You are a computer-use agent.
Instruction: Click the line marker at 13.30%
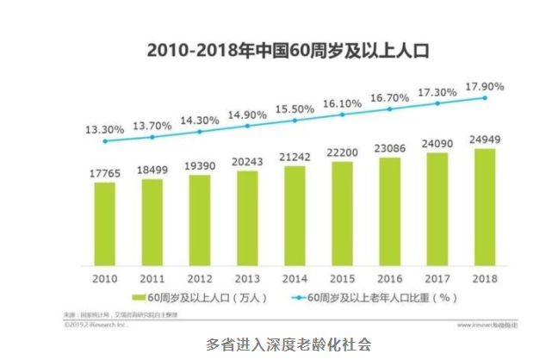tap(105, 142)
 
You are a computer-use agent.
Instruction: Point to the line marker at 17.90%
tap(485, 98)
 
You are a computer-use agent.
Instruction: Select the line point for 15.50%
tap(295, 121)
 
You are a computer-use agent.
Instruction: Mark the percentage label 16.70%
tap(389, 97)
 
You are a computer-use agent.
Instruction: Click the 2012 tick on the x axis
tap(200, 278)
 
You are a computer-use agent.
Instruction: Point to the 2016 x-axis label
tap(389, 278)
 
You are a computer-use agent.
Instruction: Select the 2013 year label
tap(247, 278)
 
